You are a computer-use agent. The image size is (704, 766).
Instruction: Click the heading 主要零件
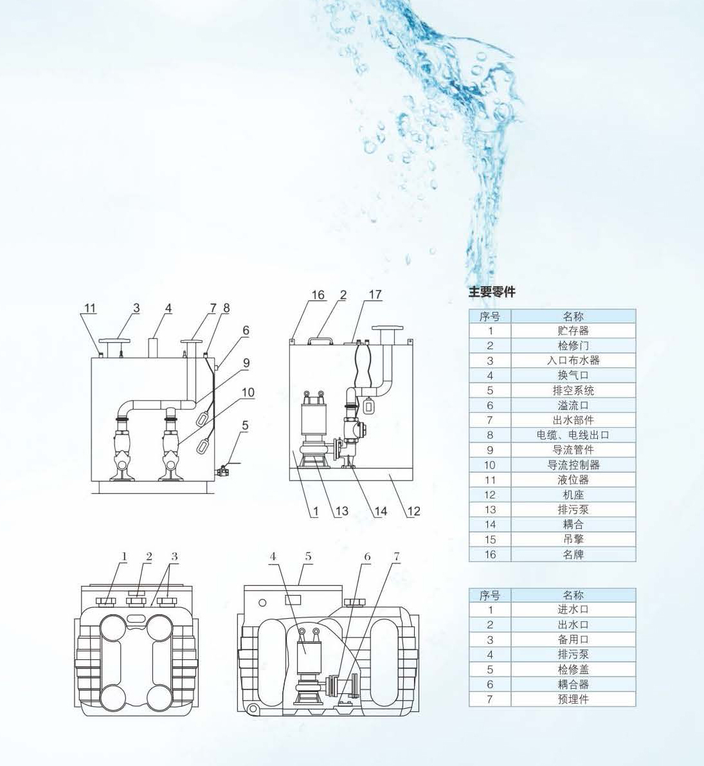[x=492, y=292]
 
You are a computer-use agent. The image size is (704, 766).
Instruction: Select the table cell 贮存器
[x=573, y=331]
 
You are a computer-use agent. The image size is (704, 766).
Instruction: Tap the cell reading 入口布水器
[x=573, y=361]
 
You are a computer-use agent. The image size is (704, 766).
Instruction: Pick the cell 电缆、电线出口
[x=573, y=435]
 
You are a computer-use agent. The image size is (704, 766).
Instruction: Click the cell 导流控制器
[x=573, y=465]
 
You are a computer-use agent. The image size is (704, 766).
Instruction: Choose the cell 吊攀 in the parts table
[x=573, y=540]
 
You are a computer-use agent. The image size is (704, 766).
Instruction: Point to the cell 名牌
[x=573, y=554]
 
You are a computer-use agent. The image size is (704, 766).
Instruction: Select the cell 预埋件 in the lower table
[x=573, y=699]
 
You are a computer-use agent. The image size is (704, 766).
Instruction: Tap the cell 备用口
[x=573, y=639]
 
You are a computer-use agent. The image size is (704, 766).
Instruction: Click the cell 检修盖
[x=573, y=670]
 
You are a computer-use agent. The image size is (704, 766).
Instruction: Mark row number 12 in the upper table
[x=490, y=495]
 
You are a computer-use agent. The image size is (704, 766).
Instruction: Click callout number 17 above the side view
[x=375, y=295]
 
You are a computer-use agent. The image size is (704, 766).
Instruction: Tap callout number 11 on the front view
[x=90, y=308]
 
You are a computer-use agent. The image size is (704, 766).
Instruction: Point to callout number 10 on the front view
[x=248, y=392]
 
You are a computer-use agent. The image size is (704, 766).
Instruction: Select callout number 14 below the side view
[x=381, y=511]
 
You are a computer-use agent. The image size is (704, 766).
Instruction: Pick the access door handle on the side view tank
[x=320, y=338]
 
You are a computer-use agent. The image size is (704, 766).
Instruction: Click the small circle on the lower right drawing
[x=262, y=603]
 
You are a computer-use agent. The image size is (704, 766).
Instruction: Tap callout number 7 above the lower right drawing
[x=397, y=556]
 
